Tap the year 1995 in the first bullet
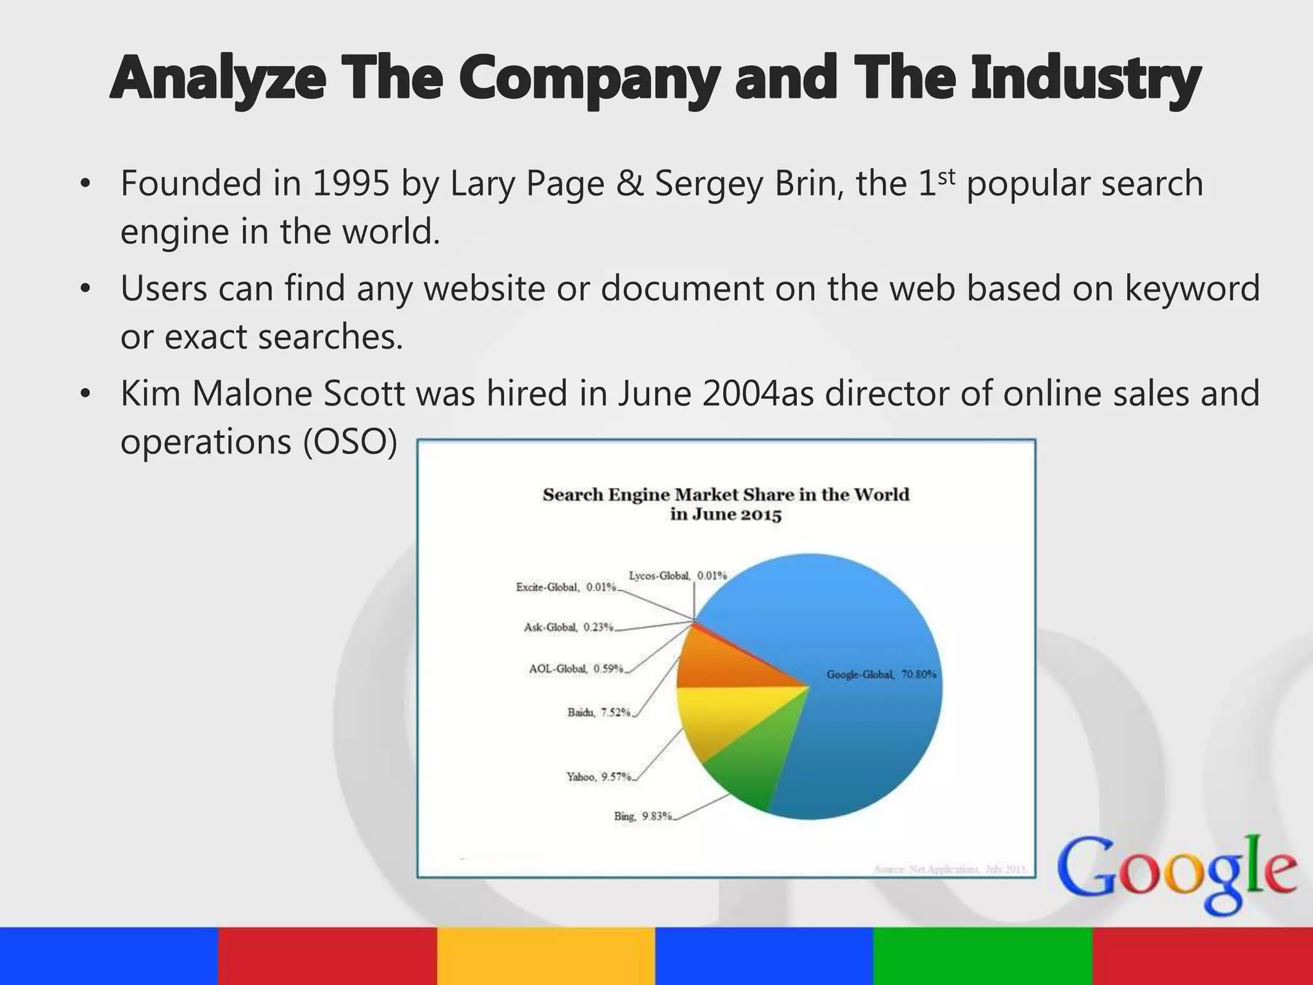(351, 183)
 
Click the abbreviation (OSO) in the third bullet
(350, 442)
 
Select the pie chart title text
(726, 504)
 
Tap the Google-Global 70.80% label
(882, 675)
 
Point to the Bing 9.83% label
(643, 816)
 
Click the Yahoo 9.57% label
(598, 777)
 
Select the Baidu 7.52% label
(599, 712)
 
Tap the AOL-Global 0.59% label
(576, 669)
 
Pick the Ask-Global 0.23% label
(568, 627)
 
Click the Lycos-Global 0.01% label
(678, 576)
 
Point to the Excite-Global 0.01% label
(565, 587)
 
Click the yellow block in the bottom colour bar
(546, 956)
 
